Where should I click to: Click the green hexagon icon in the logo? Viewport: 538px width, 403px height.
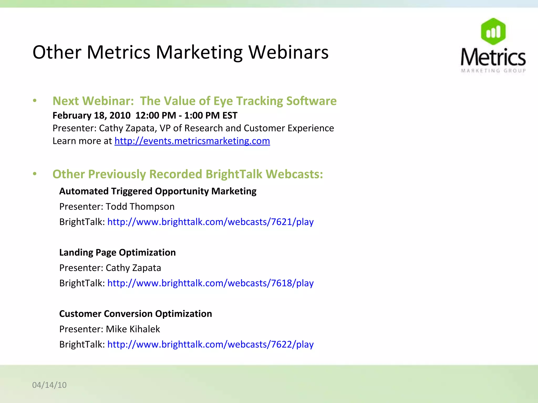(493, 31)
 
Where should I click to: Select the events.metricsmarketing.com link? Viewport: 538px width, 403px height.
(192, 141)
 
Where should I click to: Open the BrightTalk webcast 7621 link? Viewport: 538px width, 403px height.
(210, 222)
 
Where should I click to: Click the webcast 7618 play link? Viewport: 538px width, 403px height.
(210, 283)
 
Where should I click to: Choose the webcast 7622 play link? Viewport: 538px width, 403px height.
(210, 344)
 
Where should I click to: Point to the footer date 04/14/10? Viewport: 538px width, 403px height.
(49, 385)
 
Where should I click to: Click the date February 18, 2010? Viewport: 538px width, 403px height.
(91, 115)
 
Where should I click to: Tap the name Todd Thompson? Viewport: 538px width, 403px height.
(140, 207)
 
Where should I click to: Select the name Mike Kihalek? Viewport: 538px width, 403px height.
(133, 329)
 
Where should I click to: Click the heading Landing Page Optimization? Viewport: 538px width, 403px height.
(117, 252)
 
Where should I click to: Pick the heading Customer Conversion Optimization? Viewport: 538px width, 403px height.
(136, 314)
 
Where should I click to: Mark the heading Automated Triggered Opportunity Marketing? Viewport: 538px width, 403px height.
(158, 191)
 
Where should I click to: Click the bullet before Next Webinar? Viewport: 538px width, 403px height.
(35, 101)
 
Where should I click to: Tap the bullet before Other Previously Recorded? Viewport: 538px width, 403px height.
(35, 174)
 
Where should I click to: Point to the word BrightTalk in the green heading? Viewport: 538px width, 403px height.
(234, 174)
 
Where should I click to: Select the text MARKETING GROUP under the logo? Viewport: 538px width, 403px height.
(493, 71)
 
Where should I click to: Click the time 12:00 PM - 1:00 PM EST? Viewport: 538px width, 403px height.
(186, 115)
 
